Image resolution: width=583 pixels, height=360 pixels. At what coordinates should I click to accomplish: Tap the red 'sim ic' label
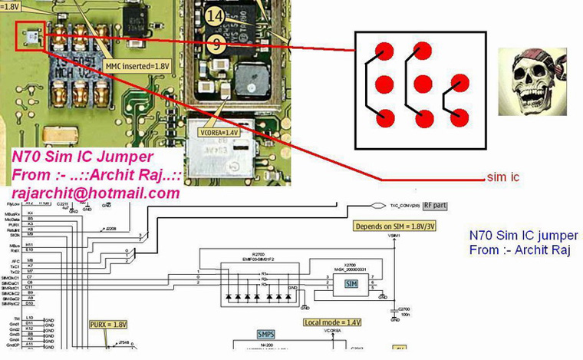coord(503,177)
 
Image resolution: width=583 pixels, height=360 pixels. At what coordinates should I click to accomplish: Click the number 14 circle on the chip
coord(215,15)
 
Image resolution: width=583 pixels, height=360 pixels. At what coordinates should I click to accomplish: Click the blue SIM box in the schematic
coord(351,284)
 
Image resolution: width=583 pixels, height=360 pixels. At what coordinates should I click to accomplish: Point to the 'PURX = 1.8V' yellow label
coord(108,325)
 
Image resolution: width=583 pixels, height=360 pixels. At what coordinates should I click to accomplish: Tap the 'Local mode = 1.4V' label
coord(332,322)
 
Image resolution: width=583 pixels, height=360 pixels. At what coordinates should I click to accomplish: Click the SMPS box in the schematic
coord(268,335)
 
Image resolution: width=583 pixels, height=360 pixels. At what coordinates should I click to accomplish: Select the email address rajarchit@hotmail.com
coord(95,193)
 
